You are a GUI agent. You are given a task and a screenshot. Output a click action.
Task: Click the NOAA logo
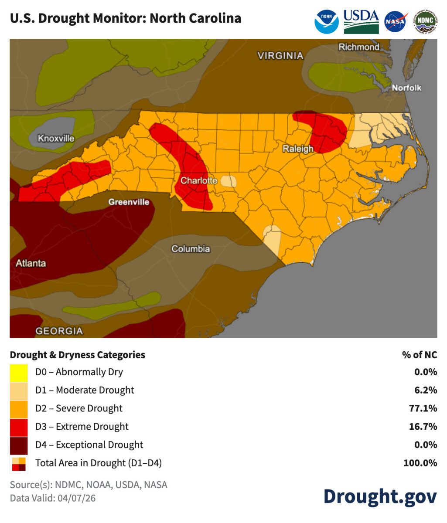tap(327, 21)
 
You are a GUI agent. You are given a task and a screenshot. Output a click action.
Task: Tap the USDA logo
tap(361, 21)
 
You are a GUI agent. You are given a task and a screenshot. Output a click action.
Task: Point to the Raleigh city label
tap(298, 149)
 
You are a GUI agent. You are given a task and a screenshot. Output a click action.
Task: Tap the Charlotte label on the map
tap(199, 180)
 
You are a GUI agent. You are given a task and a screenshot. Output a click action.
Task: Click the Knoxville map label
tap(56, 139)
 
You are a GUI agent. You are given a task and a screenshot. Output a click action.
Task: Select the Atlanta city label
tap(31, 263)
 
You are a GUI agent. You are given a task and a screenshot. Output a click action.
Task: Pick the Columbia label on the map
tap(191, 249)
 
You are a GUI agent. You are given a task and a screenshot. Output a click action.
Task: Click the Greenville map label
tap(129, 202)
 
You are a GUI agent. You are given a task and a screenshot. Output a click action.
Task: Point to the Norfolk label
tap(406, 88)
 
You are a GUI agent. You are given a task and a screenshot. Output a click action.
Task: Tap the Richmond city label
tap(359, 47)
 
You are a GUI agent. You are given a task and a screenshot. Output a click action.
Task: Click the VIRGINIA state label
tap(280, 56)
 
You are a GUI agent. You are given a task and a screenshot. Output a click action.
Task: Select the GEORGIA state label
tap(59, 331)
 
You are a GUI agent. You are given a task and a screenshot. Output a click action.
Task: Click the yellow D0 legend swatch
tap(19, 372)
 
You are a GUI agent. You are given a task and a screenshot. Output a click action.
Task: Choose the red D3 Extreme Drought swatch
tap(19, 427)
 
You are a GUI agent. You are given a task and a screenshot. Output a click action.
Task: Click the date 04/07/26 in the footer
tap(76, 498)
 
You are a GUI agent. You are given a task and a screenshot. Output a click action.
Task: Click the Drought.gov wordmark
tap(380, 496)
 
